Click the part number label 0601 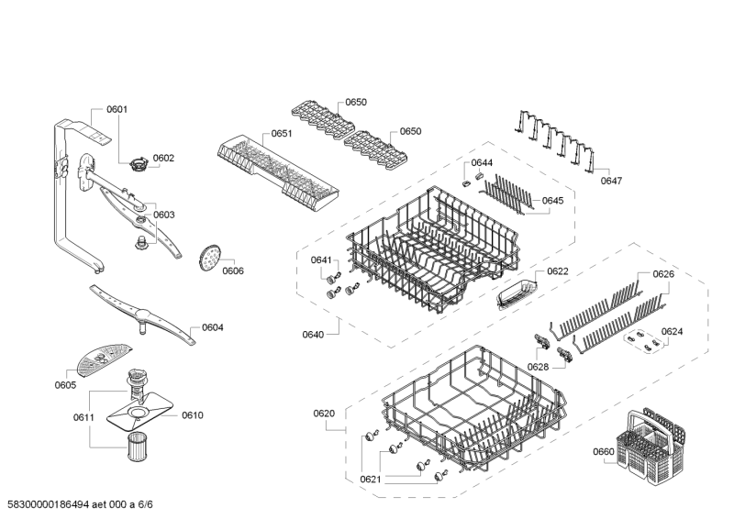[117, 110]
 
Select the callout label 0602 [163, 158]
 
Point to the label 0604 [213, 327]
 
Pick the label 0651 [282, 133]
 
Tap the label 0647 [611, 181]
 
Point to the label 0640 [313, 335]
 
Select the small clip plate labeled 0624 [645, 343]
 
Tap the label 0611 [83, 417]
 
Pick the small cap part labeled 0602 [139, 165]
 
